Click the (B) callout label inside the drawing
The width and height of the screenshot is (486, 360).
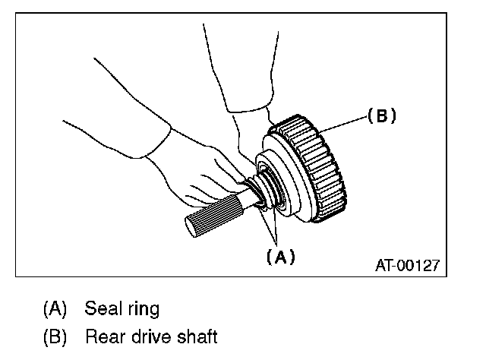(382, 116)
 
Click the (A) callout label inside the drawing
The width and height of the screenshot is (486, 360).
(279, 257)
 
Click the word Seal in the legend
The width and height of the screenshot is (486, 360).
(101, 309)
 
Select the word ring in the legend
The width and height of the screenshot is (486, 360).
(142, 310)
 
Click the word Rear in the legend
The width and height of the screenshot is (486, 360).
(102, 335)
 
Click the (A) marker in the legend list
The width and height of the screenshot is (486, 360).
(55, 310)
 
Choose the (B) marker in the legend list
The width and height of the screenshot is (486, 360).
(55, 335)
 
